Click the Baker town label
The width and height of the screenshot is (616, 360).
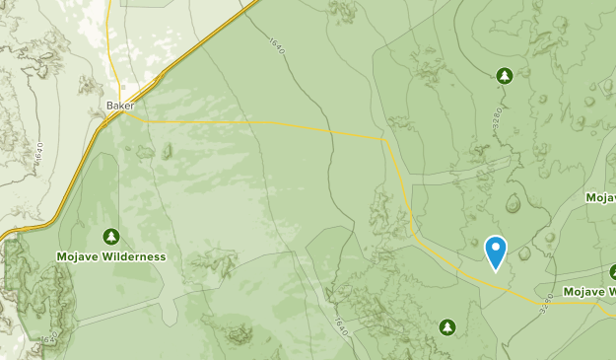119,104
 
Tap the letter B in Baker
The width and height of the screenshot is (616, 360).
109,104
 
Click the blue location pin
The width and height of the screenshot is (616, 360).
496,252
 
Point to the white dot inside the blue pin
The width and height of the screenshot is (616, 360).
496,247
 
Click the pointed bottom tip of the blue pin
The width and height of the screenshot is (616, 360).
496,270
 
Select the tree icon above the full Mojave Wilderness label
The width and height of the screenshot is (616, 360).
110,236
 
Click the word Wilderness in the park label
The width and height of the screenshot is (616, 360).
134,256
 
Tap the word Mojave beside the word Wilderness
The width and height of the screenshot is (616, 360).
78,256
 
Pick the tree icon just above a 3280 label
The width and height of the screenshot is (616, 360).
504,75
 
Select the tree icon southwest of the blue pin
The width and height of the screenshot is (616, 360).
446,325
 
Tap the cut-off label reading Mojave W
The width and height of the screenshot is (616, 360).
588,292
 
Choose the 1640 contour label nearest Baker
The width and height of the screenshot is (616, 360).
39,154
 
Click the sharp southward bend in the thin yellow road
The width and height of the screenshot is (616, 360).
384,140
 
